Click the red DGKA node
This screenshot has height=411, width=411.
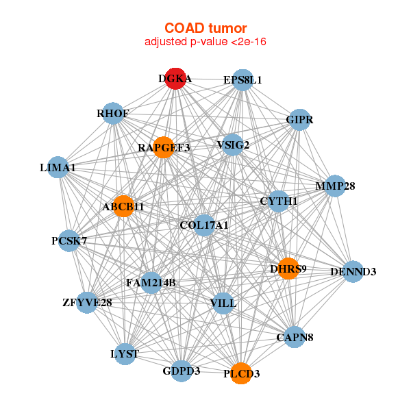[175, 79]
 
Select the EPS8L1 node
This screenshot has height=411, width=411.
[242, 80]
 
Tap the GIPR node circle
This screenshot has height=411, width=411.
[299, 119]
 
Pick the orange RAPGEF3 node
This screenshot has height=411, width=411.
[164, 147]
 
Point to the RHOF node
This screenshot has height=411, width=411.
[113, 113]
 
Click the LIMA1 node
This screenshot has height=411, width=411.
[58, 167]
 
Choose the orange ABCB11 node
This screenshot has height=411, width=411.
[123, 206]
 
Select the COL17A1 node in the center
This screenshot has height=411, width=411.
[204, 225]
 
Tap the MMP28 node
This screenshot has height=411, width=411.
[335, 186]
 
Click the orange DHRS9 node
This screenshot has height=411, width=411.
[288, 269]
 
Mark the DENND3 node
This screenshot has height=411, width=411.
[353, 271]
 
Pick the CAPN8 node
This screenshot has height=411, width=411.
[295, 337]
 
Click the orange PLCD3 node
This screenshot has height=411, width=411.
[241, 373]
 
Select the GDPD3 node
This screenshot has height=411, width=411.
[182, 371]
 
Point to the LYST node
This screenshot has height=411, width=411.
[125, 354]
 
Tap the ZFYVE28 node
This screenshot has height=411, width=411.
[87, 303]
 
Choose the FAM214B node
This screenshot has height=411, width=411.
[151, 282]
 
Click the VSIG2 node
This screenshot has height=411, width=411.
[233, 145]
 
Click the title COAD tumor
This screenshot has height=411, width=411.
[206, 28]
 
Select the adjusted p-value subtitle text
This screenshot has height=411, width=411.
[206, 42]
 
